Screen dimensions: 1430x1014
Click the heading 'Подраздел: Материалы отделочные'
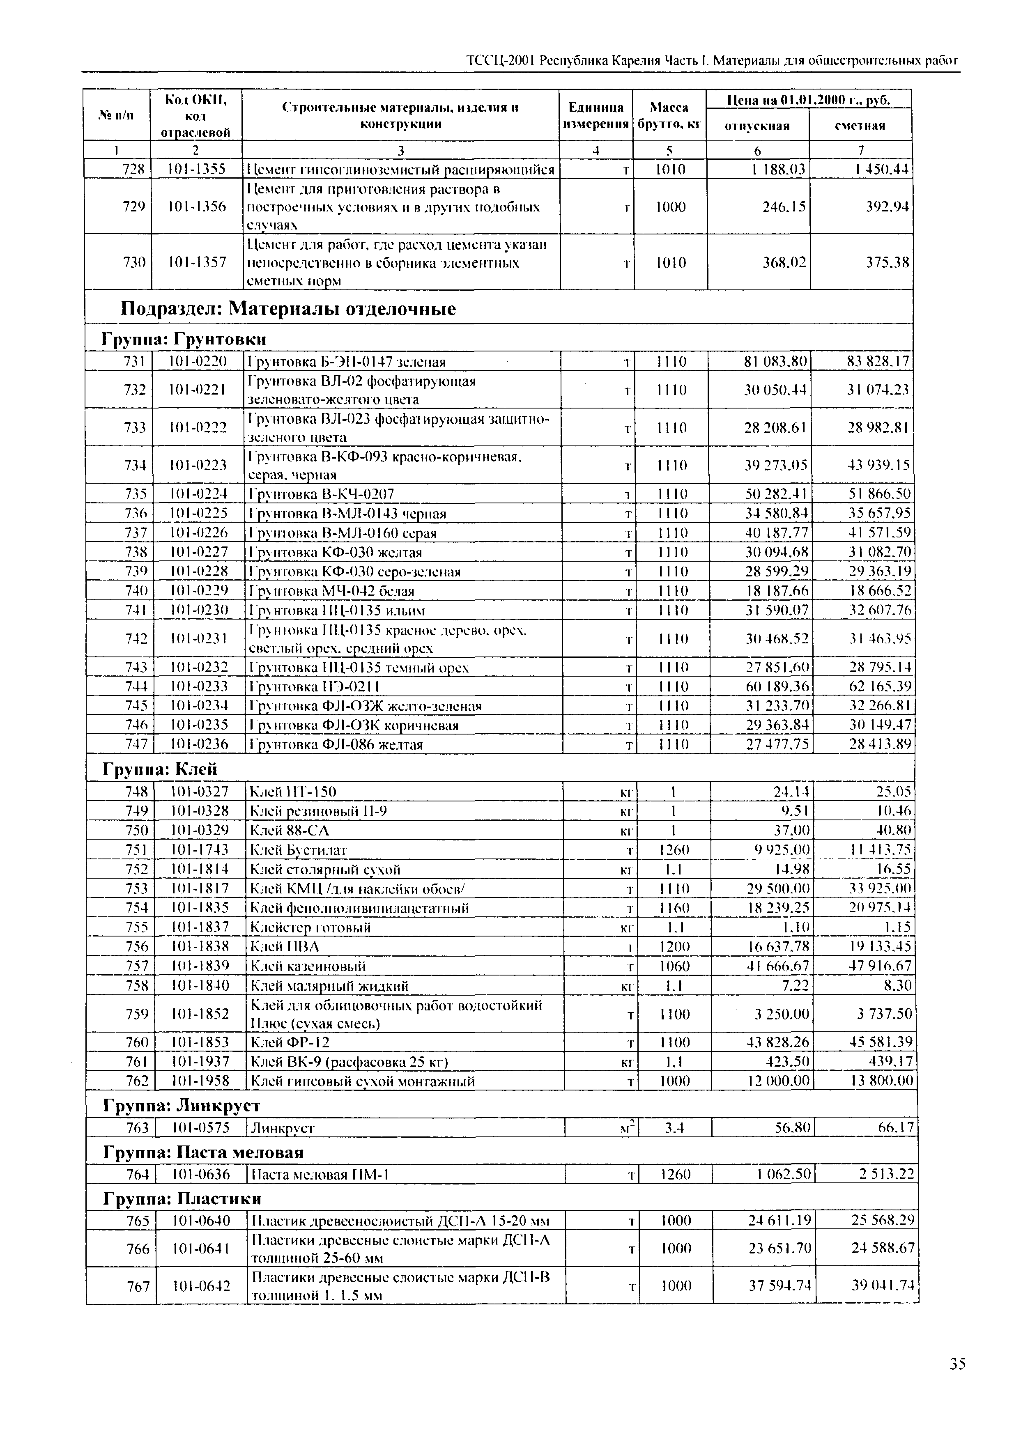[288, 309]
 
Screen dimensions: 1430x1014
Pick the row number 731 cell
[134, 361]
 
